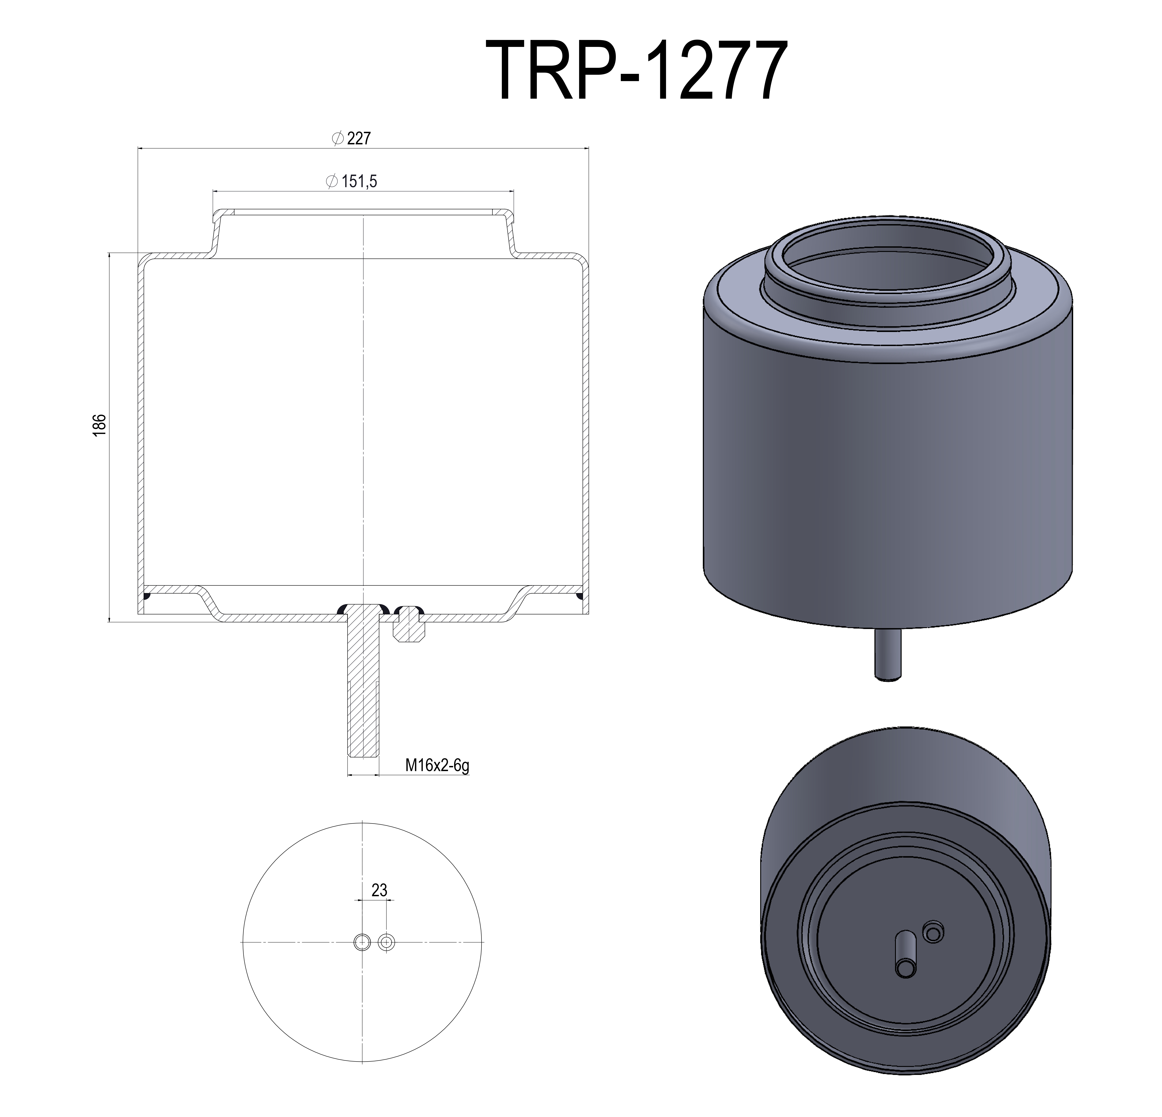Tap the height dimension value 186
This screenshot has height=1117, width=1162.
coord(100,425)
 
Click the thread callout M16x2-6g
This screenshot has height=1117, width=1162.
coord(437,765)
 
